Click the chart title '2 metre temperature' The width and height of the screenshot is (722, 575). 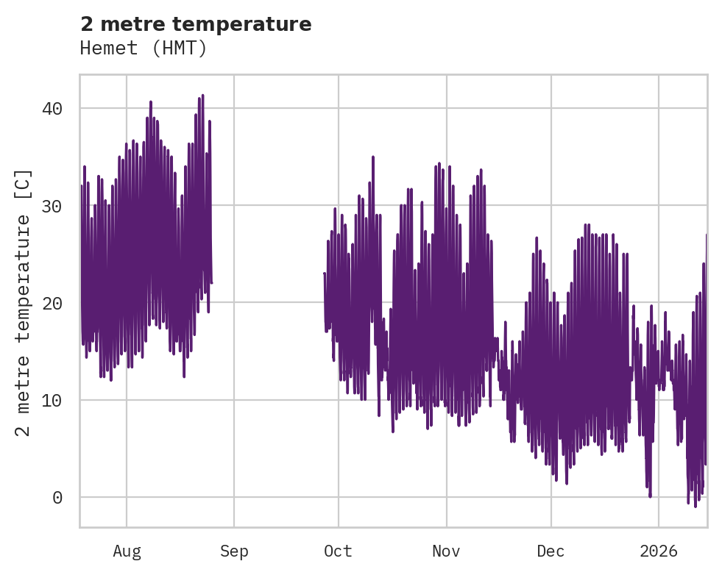pos(196,24)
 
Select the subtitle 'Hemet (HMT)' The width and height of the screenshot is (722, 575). pos(144,49)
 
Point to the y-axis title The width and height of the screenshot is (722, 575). pos(24,302)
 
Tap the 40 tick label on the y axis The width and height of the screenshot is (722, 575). pos(52,109)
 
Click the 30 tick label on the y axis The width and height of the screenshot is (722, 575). pos(52,206)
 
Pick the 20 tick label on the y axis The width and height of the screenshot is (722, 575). pos(52,303)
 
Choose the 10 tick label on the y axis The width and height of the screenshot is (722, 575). pos(52,401)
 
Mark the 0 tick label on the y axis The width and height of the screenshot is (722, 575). pos(57,498)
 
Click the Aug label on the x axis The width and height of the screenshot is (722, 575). pos(127,551)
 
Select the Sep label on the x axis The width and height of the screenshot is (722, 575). pos(234,551)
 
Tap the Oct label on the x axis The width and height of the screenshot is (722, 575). pos(339,551)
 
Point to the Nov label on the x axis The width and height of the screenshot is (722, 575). pos(446,551)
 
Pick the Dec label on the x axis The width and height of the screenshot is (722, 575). pos(551,551)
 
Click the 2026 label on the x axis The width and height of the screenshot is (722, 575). pos(659,551)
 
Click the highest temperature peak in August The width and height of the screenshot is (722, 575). pos(202,96)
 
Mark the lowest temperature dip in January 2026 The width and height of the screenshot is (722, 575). pos(695,507)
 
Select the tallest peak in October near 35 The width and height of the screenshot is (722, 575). pos(373,157)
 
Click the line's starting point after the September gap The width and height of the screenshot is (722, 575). pos(325,274)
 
